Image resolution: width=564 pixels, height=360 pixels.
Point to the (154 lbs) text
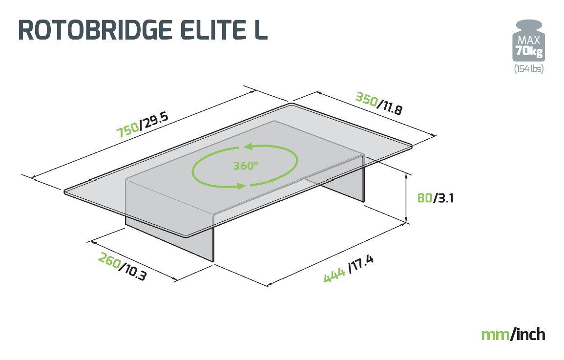(528, 69)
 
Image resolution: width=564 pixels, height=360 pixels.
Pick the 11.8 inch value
(392, 107)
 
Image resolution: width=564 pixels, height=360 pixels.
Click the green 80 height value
(424, 198)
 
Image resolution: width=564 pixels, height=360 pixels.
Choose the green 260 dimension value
(109, 259)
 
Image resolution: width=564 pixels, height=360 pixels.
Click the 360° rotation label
(245, 166)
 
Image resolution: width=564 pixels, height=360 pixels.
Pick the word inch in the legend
(529, 335)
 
